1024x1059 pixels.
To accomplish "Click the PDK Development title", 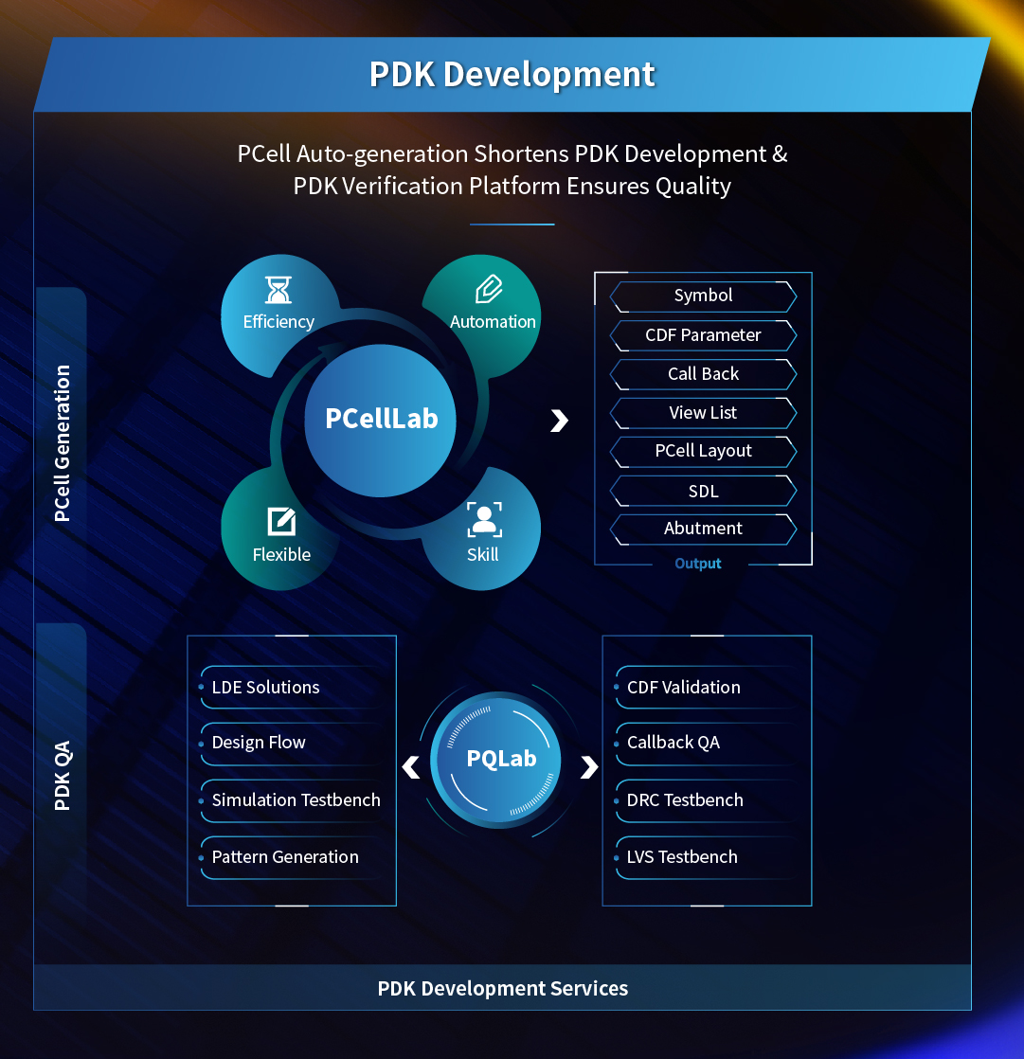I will click(x=512, y=74).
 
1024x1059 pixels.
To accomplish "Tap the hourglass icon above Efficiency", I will click(x=278, y=289).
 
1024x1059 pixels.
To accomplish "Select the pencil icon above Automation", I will click(x=489, y=288).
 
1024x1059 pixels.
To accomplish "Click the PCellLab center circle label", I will click(x=381, y=419).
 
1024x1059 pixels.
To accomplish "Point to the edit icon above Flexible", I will click(x=281, y=521).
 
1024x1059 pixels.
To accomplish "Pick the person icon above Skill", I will click(x=484, y=520).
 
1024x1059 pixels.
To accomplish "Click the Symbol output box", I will click(x=703, y=296).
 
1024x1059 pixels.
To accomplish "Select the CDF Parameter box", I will click(x=703, y=335).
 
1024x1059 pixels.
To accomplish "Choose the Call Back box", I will click(x=703, y=374).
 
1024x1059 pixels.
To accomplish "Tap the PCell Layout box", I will click(x=703, y=451).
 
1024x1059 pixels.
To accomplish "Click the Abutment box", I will click(x=703, y=529).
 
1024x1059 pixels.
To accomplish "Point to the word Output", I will click(x=698, y=564).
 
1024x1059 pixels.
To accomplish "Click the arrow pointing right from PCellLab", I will click(x=560, y=421).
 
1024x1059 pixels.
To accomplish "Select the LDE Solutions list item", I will click(x=265, y=688).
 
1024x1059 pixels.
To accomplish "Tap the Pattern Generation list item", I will click(x=285, y=857).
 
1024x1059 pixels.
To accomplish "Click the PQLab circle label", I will click(x=501, y=759).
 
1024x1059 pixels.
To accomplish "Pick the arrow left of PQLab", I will click(x=411, y=766).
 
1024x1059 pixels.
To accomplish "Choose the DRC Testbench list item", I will click(x=685, y=800).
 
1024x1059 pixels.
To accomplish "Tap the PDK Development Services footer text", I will click(x=503, y=989).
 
